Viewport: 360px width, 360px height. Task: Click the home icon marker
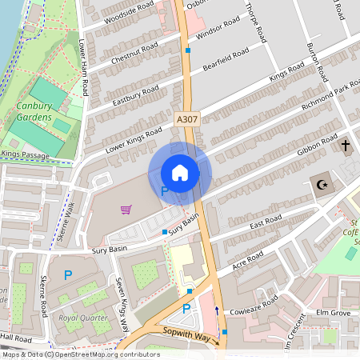pyautogui.click(x=180, y=173)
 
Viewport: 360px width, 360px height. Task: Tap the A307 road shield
pyautogui.click(x=186, y=119)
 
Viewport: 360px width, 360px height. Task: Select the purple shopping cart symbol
pyautogui.click(x=126, y=210)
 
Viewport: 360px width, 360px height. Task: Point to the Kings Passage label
pyautogui.click(x=22, y=152)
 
